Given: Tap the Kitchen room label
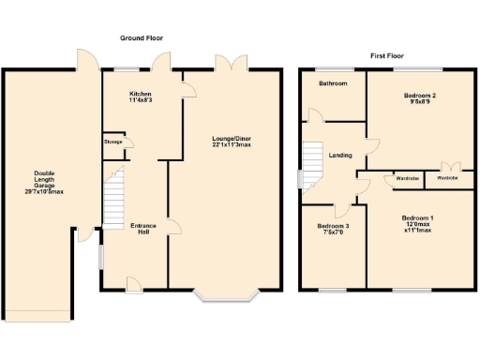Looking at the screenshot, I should pyautogui.click(x=140, y=94).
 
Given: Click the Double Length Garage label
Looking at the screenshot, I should pyautogui.click(x=44, y=179).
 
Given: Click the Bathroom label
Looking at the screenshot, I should pyautogui.click(x=333, y=83).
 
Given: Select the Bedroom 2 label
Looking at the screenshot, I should pyautogui.click(x=419, y=96).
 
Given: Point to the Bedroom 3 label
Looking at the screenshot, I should pyautogui.click(x=333, y=226).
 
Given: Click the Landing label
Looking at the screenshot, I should pyautogui.click(x=341, y=155).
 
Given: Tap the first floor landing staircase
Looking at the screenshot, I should pyautogui.click(x=311, y=163).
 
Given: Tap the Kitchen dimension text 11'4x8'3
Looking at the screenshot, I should pyautogui.click(x=140, y=100).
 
